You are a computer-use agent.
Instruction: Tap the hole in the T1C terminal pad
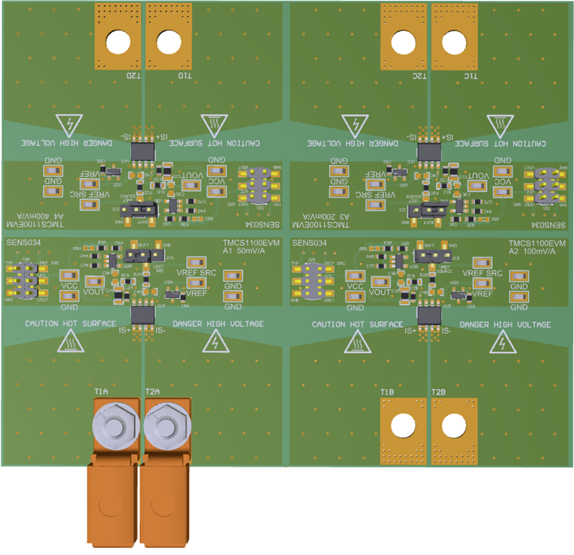454,42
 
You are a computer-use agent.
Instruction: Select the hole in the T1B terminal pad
404,425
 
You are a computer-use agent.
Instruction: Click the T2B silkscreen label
439,392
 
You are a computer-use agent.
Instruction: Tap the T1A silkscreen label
101,391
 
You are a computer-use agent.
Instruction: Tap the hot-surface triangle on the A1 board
70,343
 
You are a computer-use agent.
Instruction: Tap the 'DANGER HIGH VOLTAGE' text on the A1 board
218,324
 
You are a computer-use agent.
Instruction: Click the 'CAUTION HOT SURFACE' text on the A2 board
358,324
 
